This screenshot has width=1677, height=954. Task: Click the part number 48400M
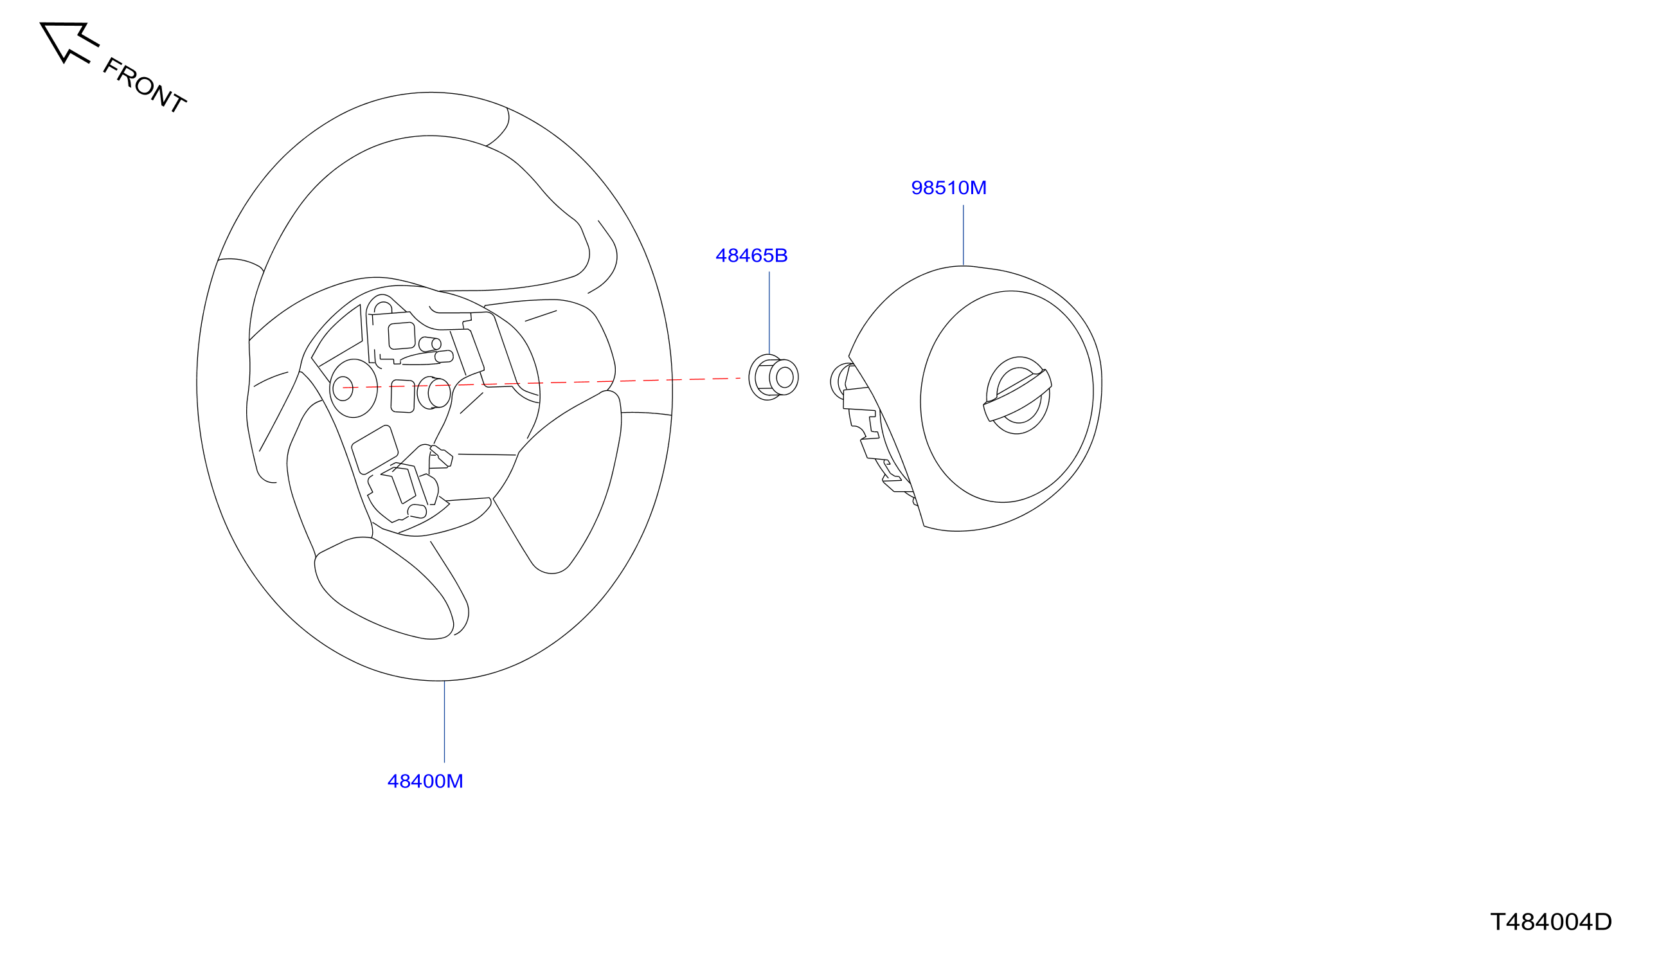click(425, 781)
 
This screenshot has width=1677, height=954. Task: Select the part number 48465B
click(751, 256)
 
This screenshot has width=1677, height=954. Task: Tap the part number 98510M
click(949, 188)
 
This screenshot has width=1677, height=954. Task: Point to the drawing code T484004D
click(1550, 922)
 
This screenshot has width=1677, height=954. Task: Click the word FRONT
click(145, 85)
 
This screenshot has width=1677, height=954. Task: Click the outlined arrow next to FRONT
click(69, 42)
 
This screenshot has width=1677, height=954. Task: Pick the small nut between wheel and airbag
click(773, 377)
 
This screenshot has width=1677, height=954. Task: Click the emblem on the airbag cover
click(1018, 395)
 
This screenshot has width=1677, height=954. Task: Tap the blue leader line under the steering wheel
click(444, 721)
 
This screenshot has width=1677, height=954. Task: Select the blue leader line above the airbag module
click(963, 235)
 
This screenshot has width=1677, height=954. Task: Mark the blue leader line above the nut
click(769, 313)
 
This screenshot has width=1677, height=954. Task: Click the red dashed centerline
click(542, 382)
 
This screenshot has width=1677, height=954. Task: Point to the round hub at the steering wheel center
click(354, 388)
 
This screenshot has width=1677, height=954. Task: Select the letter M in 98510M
click(978, 188)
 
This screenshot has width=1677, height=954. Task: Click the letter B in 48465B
click(781, 256)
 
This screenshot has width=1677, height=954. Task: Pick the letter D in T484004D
click(1602, 922)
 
